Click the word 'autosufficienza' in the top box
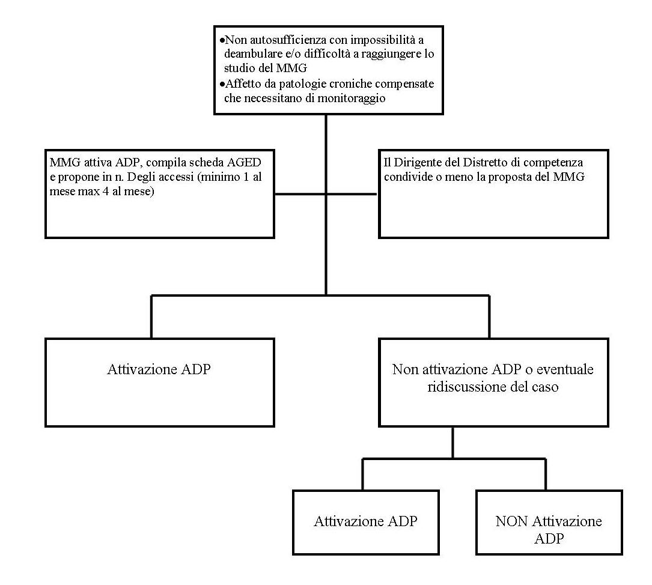[x=298, y=40]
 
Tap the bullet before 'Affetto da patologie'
[x=222, y=84]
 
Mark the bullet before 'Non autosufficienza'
[x=222, y=40]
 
